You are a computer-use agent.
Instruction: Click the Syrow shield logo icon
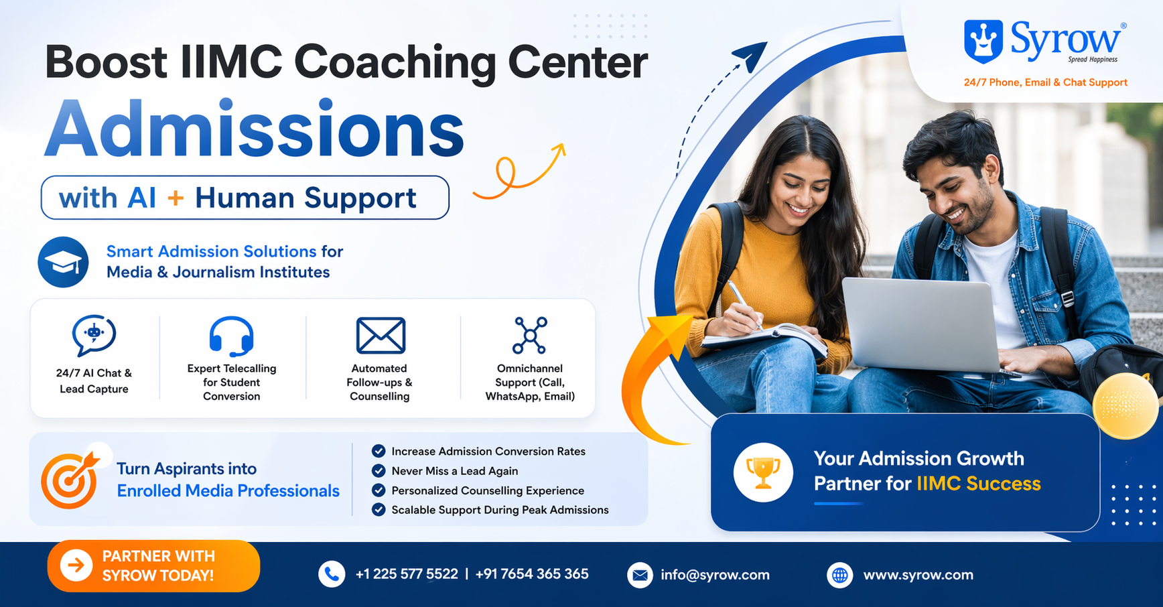tap(983, 41)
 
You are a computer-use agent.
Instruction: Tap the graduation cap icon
tap(64, 263)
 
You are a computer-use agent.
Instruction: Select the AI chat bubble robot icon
tap(94, 334)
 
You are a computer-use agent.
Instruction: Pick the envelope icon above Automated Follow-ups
tap(381, 335)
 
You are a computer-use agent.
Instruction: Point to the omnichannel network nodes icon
tap(530, 335)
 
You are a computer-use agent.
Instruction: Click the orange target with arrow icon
tap(70, 480)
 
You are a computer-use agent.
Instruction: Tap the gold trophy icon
tap(763, 472)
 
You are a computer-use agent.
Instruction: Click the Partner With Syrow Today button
tap(153, 566)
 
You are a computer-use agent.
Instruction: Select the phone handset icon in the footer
tap(332, 574)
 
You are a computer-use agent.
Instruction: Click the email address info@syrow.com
tap(715, 575)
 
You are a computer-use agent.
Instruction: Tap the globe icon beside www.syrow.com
tap(840, 575)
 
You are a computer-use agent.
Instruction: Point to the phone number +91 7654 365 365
tap(532, 574)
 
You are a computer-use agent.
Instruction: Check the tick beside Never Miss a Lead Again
tap(379, 470)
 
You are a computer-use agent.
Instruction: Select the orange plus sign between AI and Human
tap(176, 198)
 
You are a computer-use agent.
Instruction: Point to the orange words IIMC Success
tap(978, 484)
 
